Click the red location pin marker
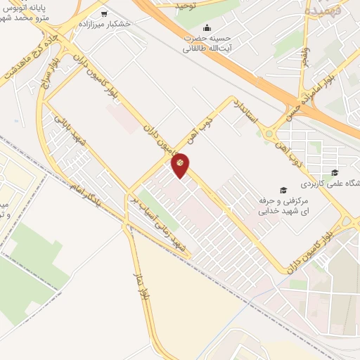[181, 165]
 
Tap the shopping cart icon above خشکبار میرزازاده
[105, 13]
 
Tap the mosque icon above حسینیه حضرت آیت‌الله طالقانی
[206, 27]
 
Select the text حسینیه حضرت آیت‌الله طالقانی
[206, 43]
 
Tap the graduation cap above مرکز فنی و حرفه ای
[283, 190]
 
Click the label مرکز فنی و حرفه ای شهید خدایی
[281, 205]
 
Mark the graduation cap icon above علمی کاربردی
[335, 173]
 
